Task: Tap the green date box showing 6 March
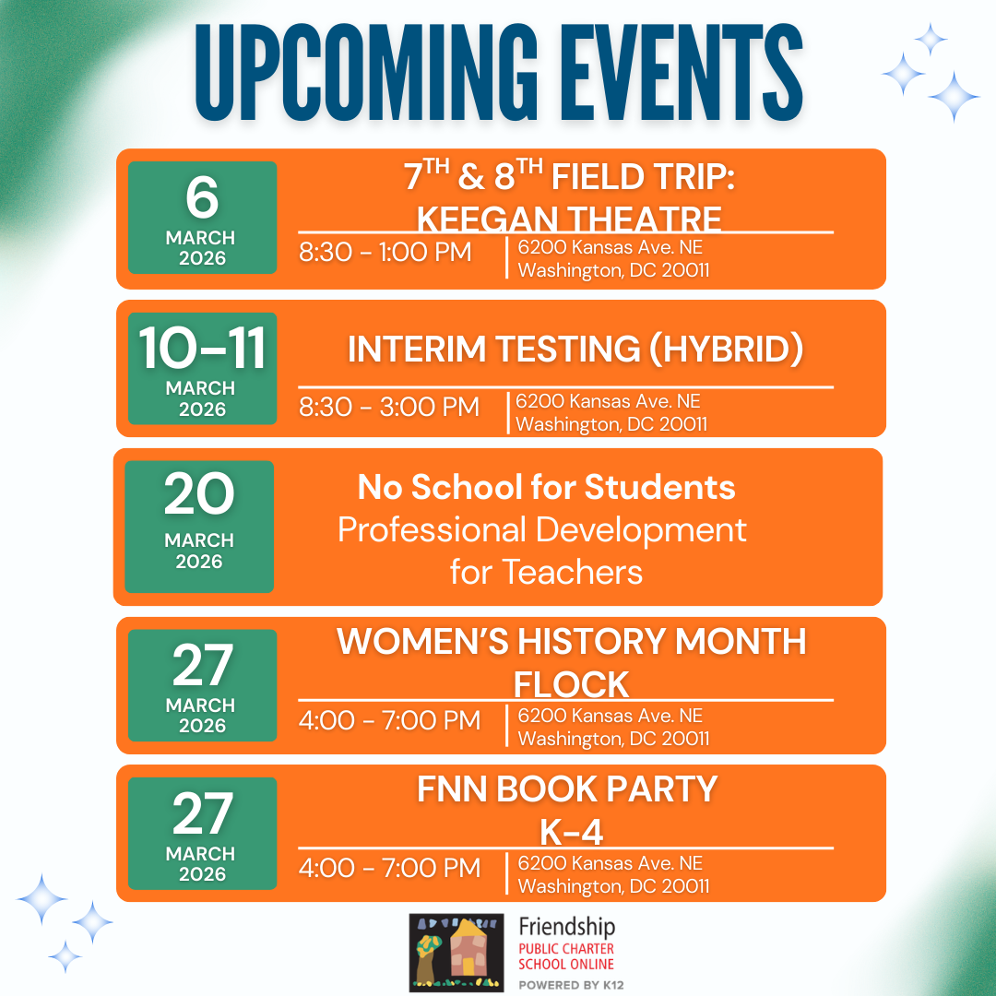point(202,218)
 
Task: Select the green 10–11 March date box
point(202,370)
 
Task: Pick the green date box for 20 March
point(199,526)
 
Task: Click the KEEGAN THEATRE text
point(568,219)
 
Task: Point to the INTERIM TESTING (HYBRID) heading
point(575,349)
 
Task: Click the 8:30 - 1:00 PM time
point(385,251)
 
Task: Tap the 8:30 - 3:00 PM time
point(388,406)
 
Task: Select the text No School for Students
point(546,487)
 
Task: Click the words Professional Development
point(542,529)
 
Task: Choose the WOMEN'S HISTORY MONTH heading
point(571,641)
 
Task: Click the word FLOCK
point(571,684)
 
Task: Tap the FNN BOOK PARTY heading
point(567,789)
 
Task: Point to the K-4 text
point(571,832)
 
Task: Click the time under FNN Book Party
point(389,868)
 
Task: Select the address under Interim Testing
point(611,413)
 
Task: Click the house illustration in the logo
point(468,953)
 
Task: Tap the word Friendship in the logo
point(566,927)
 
